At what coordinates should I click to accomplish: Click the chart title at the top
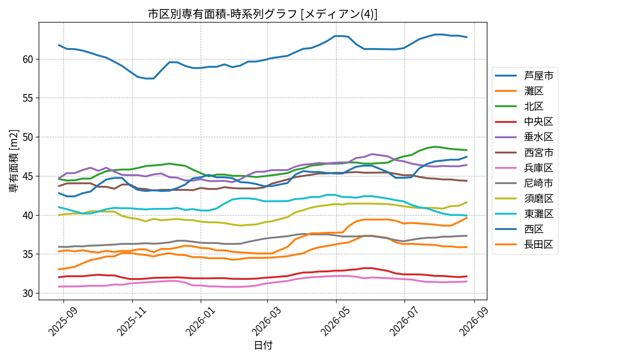pyautogui.click(x=263, y=14)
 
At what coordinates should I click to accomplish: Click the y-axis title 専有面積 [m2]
pyautogui.click(x=14, y=161)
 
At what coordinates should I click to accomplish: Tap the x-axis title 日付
pyautogui.click(x=263, y=345)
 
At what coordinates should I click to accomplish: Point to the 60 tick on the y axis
pyautogui.click(x=28, y=59)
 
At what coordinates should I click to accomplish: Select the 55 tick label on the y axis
pyautogui.click(x=28, y=98)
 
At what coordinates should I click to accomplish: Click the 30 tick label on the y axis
pyautogui.click(x=28, y=293)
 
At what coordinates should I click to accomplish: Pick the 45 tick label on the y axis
pyautogui.click(x=28, y=176)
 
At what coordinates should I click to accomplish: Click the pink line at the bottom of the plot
pyautogui.click(x=263, y=284)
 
